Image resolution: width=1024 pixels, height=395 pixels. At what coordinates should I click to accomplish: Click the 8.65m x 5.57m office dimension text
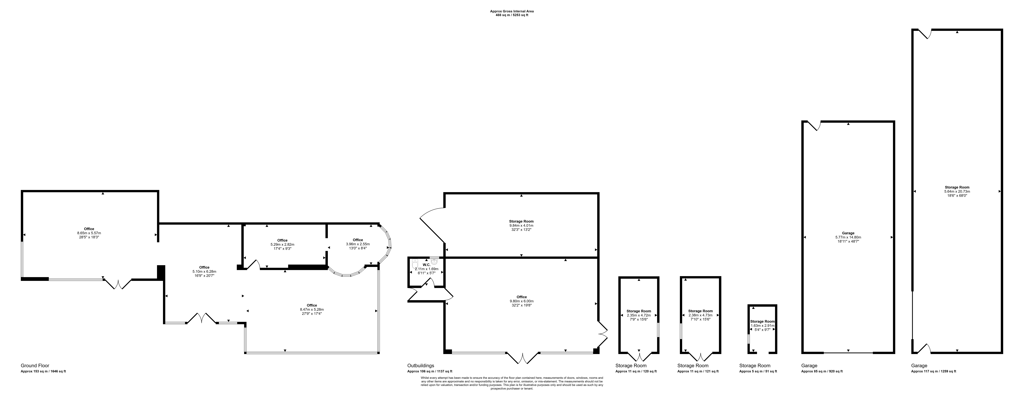pyautogui.click(x=89, y=233)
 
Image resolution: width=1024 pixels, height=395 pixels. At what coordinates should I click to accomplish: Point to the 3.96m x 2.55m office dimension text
pyautogui.click(x=358, y=244)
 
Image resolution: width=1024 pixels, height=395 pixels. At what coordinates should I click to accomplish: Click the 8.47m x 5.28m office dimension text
pyautogui.click(x=312, y=309)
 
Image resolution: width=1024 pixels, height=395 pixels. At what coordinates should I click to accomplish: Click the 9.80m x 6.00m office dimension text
pyautogui.click(x=522, y=301)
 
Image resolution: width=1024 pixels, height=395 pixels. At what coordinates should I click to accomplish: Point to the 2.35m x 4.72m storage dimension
pyautogui.click(x=639, y=315)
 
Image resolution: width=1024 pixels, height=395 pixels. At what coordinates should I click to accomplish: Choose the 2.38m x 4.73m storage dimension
pyautogui.click(x=700, y=315)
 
